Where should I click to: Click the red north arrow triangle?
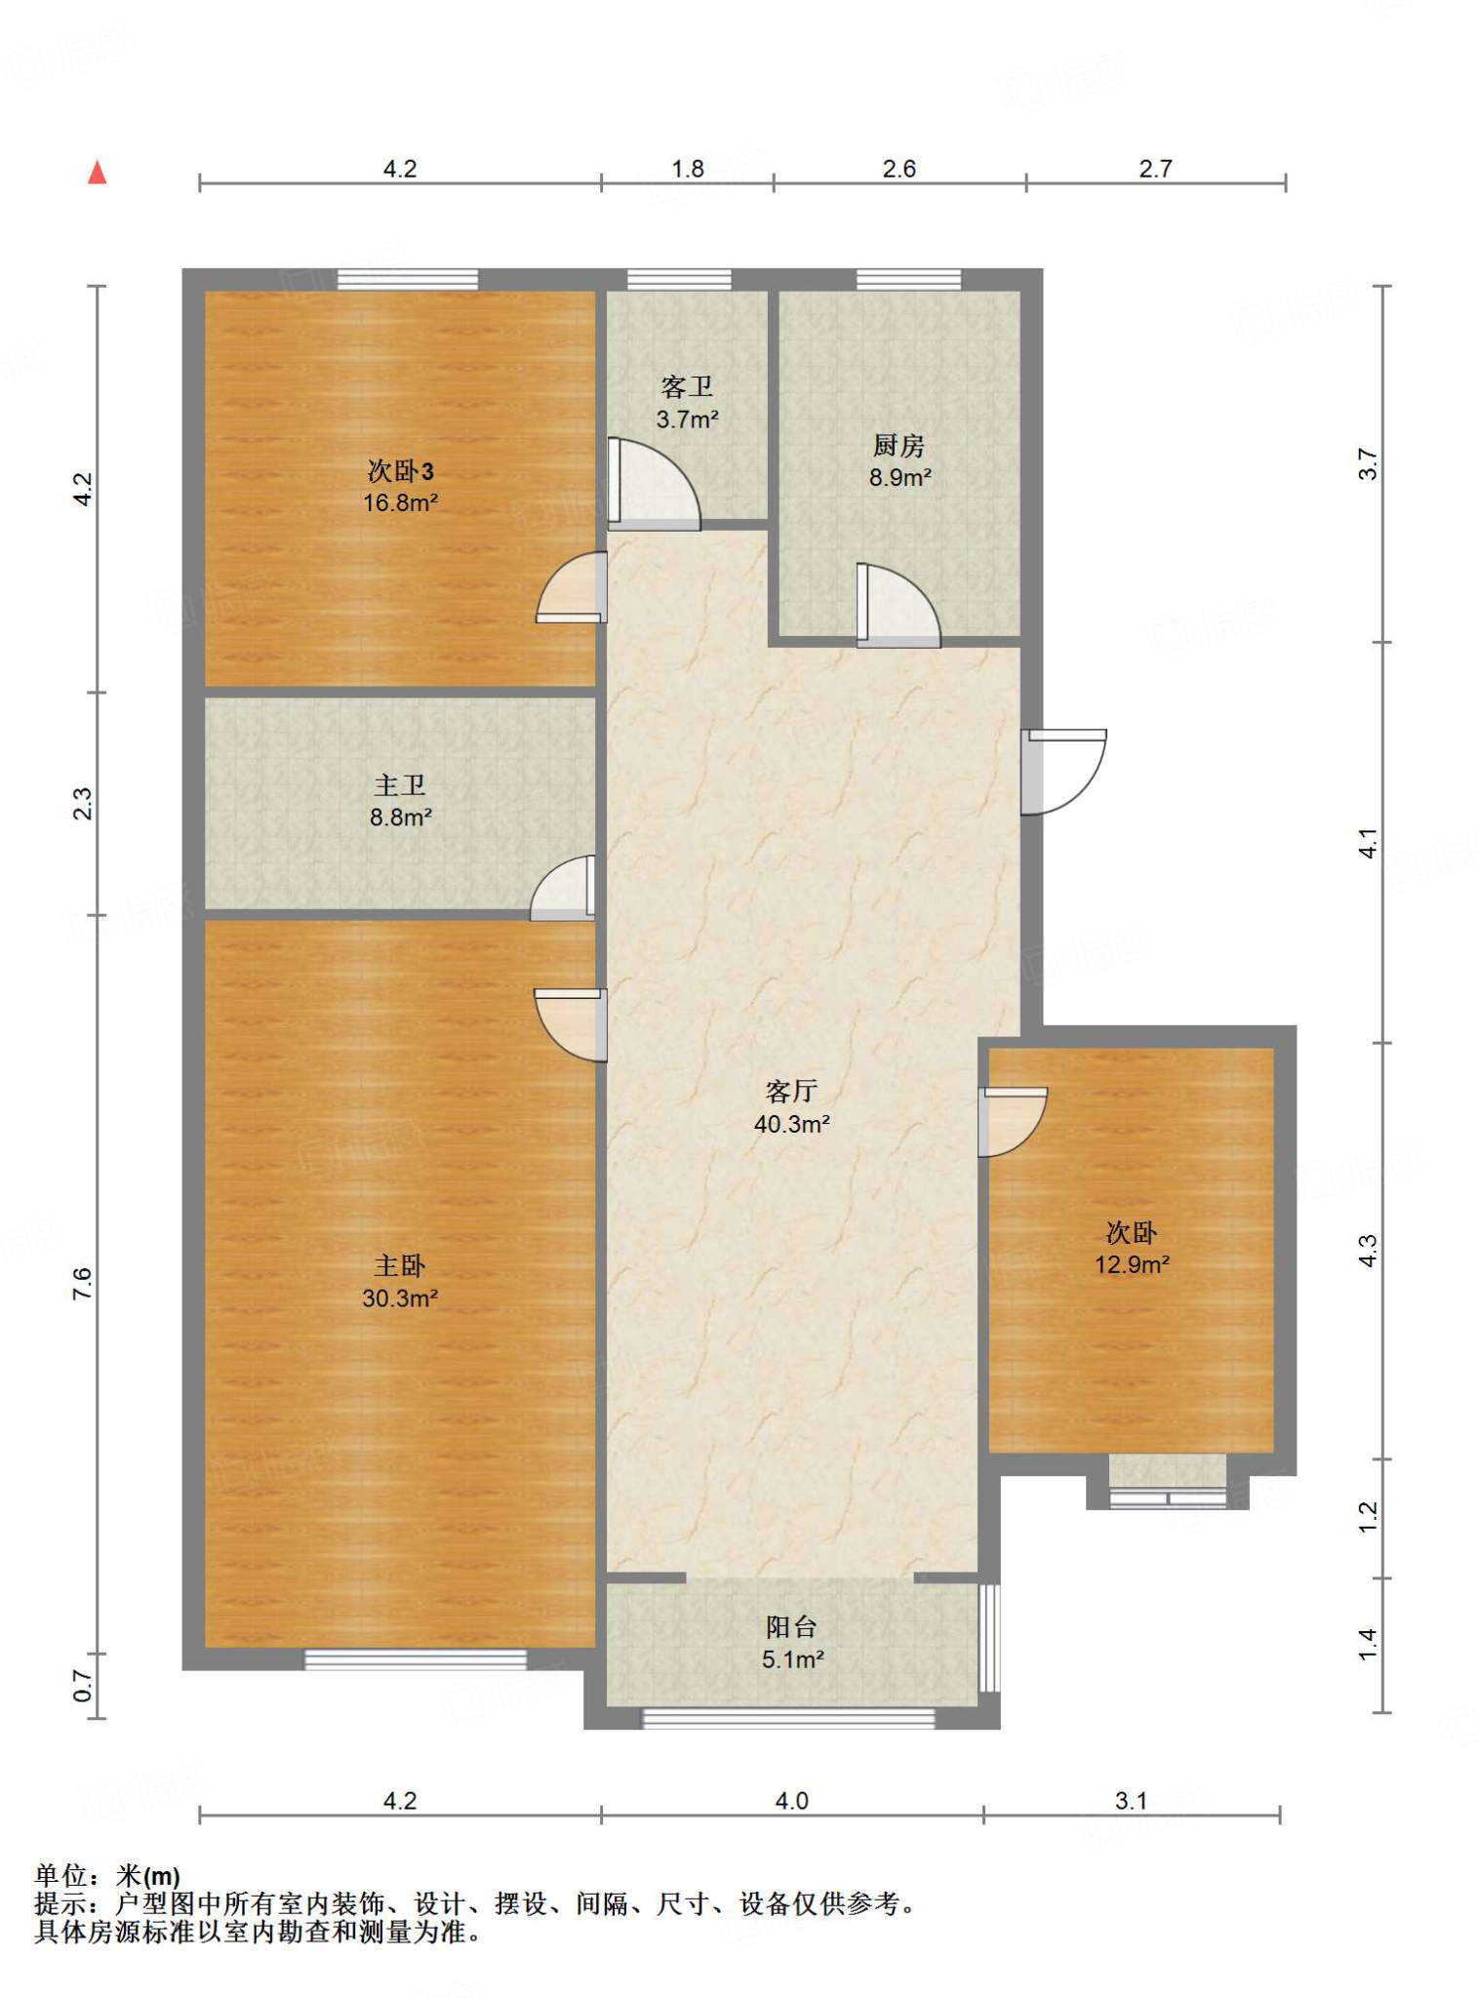pos(97,173)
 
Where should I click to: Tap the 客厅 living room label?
pos(791,1091)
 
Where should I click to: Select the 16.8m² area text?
pos(400,503)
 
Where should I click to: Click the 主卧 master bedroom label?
pos(400,1266)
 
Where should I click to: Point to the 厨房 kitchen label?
pos(899,446)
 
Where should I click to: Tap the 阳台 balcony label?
pos(791,1626)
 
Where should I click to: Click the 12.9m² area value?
pos(1132,1265)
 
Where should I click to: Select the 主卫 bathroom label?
pos(400,785)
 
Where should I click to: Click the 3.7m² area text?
pos(688,420)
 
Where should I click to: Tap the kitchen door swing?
pos(899,606)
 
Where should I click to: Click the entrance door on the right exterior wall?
pos(1063,772)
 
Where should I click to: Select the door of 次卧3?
pos(572,587)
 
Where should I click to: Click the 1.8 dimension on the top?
pos(688,169)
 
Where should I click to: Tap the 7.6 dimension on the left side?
pos(82,1283)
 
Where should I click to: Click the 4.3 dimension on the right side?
pos(1368,1251)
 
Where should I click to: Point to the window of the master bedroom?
pos(416,1659)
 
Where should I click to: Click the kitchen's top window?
pos(908,279)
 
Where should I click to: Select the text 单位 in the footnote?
pos(60,1875)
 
